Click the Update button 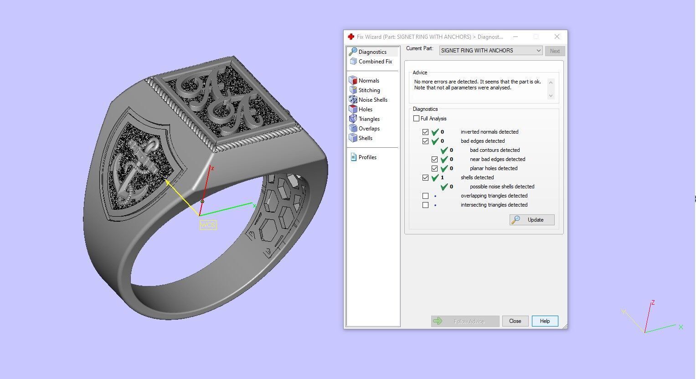pyautogui.click(x=532, y=220)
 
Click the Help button pyautogui.click(x=545, y=321)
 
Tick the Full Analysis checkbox pyautogui.click(x=416, y=119)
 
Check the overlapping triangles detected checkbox pyautogui.click(x=425, y=196)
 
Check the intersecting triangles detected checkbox pyautogui.click(x=425, y=205)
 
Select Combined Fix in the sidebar pyautogui.click(x=375, y=62)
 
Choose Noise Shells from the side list pyautogui.click(x=372, y=100)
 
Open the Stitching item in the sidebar pyautogui.click(x=369, y=90)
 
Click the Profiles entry pyautogui.click(x=367, y=157)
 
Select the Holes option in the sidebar pyautogui.click(x=365, y=109)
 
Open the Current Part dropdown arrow pyautogui.click(x=538, y=51)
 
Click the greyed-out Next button pyautogui.click(x=555, y=51)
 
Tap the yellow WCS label pyautogui.click(x=208, y=225)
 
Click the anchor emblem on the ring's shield pyautogui.click(x=137, y=169)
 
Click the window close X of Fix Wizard pyautogui.click(x=557, y=36)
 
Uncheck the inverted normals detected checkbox pyautogui.click(x=425, y=132)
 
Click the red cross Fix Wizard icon pyautogui.click(x=351, y=37)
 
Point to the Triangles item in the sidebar pyautogui.click(x=369, y=119)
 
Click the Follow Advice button pyautogui.click(x=465, y=321)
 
